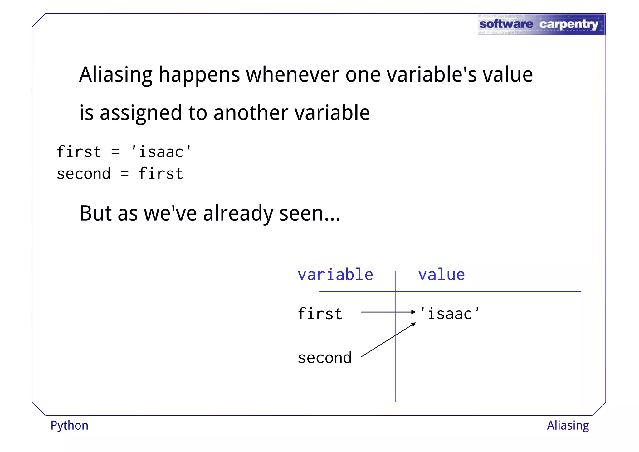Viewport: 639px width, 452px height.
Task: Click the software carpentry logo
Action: click(x=541, y=24)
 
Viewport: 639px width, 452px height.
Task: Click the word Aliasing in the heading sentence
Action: click(x=116, y=75)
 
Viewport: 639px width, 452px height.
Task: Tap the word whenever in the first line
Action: click(x=292, y=75)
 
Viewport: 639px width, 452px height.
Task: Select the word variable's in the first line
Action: click(x=432, y=75)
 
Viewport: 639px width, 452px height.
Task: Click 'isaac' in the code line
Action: click(x=161, y=152)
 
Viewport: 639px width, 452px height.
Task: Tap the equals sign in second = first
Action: click(x=124, y=174)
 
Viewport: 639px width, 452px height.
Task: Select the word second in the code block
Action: click(x=84, y=174)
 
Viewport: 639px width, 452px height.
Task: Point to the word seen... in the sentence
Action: click(x=310, y=214)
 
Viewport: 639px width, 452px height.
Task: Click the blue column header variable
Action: click(x=335, y=275)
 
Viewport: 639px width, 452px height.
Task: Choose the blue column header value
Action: click(x=441, y=275)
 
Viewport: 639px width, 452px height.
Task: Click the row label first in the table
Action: click(x=320, y=314)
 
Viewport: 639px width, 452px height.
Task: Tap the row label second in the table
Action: click(x=324, y=358)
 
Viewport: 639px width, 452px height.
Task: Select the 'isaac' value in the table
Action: click(x=449, y=314)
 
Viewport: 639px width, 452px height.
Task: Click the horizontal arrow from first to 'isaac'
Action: click(x=387, y=312)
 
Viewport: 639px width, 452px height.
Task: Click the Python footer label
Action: click(x=69, y=426)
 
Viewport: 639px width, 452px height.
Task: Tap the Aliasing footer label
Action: click(x=568, y=425)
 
